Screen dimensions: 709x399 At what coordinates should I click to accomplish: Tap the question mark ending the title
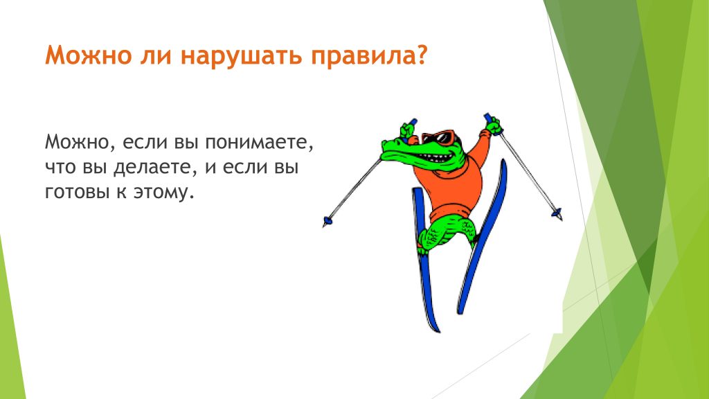coord(420,54)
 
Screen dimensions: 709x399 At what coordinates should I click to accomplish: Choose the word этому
coord(163,193)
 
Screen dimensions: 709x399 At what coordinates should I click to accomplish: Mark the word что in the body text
coord(60,168)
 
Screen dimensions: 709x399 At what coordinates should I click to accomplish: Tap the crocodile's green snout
coord(399,150)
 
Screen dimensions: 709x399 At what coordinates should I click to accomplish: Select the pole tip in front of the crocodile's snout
coord(327,222)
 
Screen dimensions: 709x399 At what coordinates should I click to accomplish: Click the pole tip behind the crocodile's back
coord(557,213)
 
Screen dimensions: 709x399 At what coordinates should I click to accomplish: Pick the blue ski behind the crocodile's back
coord(483,236)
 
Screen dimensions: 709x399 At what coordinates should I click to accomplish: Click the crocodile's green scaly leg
coord(445,231)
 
